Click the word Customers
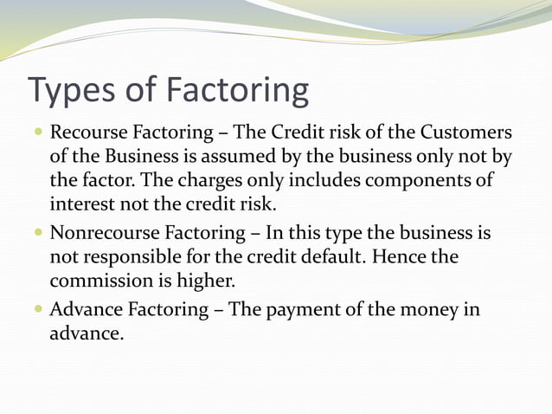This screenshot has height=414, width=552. (465, 134)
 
